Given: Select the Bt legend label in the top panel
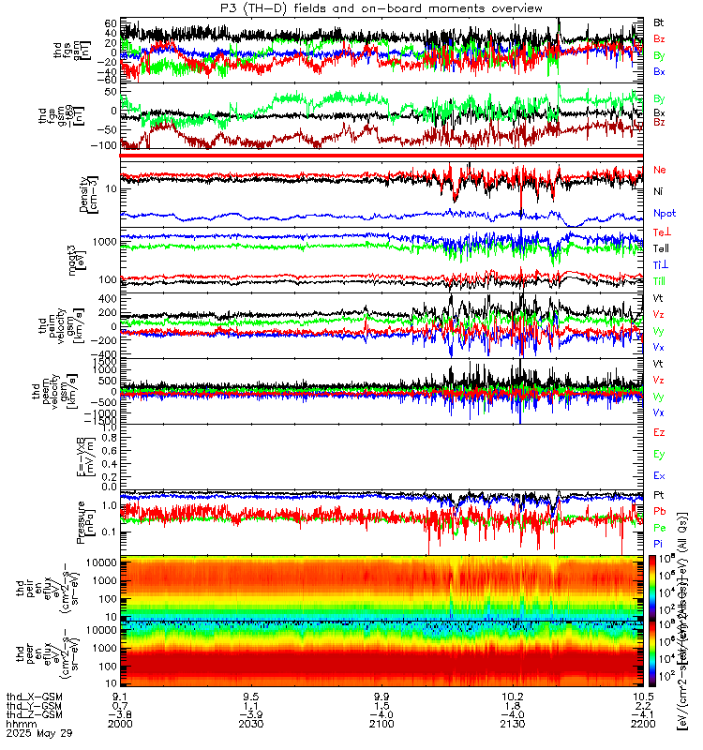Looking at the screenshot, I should (659, 22).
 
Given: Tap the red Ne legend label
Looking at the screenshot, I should (659, 170).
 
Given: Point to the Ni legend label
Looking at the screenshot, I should (658, 191).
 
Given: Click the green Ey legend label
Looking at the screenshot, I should (659, 454).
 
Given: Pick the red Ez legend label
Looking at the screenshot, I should (659, 432).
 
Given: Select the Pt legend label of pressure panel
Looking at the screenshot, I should (658, 494).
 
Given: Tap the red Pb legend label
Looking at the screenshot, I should (659, 512).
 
